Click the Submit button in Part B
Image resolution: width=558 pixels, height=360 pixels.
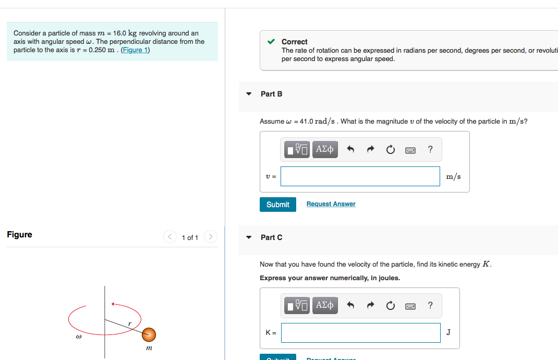277,205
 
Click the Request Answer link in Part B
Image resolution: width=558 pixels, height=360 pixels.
331,204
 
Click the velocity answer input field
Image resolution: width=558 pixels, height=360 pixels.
360,176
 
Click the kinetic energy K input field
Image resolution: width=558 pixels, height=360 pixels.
360,333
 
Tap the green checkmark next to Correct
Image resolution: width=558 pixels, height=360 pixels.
271,41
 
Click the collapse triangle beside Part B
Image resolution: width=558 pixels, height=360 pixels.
249,94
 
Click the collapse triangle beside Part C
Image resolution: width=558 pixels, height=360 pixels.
249,237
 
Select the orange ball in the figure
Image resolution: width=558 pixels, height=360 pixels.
149,334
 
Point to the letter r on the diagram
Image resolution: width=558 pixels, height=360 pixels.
130,324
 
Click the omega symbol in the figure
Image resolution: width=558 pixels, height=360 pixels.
78,338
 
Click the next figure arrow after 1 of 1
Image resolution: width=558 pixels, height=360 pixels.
210,237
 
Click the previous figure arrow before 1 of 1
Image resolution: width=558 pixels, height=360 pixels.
170,237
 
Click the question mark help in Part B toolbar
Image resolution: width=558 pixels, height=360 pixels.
430,150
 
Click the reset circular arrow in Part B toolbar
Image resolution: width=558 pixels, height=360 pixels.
391,150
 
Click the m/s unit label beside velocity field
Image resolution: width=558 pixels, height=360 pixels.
453,176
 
